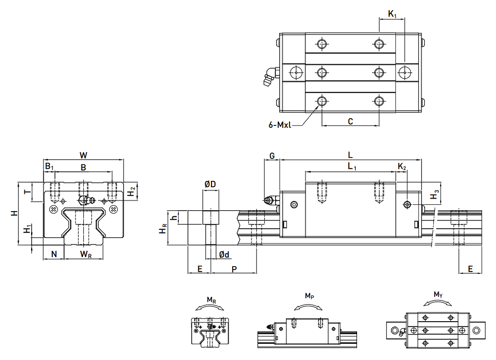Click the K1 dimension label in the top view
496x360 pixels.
coord(392,14)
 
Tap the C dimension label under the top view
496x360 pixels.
coord(350,121)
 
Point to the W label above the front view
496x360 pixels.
coord(83,155)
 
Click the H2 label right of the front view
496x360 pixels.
coord(131,191)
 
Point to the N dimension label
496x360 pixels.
coord(54,254)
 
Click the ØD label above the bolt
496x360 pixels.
coord(210,185)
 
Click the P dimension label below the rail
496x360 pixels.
coord(234,269)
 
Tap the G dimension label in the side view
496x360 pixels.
coord(272,156)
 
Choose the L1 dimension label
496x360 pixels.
coord(352,166)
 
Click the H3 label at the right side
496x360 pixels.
coord(434,195)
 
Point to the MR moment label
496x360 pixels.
coord(211,300)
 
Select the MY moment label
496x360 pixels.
coord(438,294)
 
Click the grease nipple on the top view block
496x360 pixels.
coord(269,76)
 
